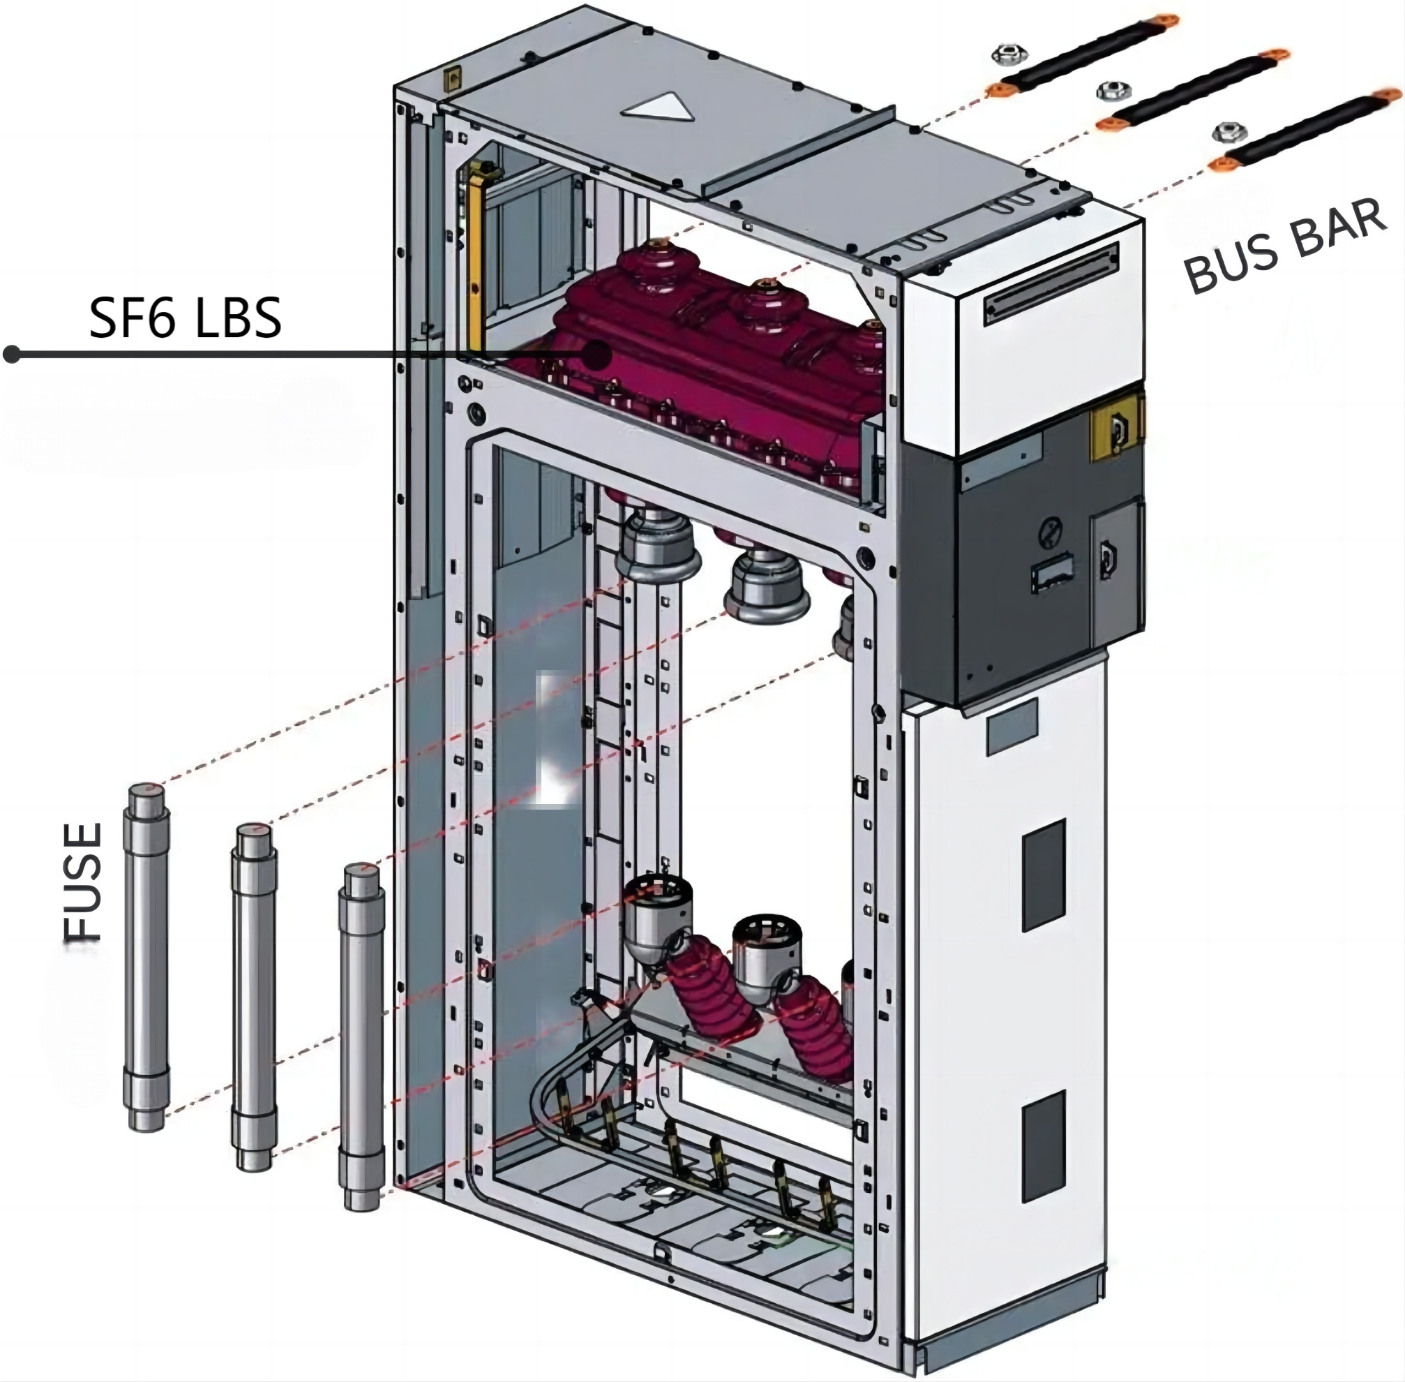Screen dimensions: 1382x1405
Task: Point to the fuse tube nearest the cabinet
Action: (x=361, y=1038)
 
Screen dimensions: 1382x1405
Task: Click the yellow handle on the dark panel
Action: (x=1116, y=430)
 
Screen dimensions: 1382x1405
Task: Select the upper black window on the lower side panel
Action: (x=1044, y=875)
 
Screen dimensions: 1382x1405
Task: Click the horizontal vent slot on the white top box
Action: (x=1051, y=285)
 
